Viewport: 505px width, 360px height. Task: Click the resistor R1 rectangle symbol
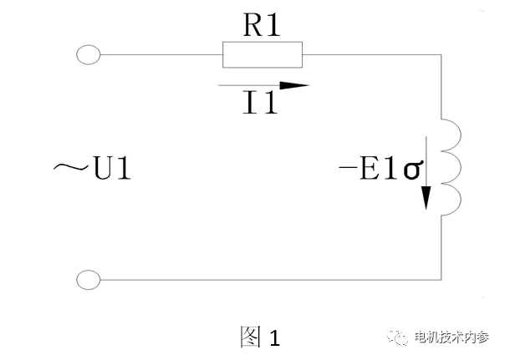pos(262,56)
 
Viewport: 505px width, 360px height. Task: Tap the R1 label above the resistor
pos(261,26)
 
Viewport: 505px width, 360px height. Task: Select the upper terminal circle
pos(88,55)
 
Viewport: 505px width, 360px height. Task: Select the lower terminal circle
pos(88,279)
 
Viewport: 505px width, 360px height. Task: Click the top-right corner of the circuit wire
pos(440,56)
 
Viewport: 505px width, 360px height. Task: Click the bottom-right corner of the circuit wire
pos(440,279)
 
